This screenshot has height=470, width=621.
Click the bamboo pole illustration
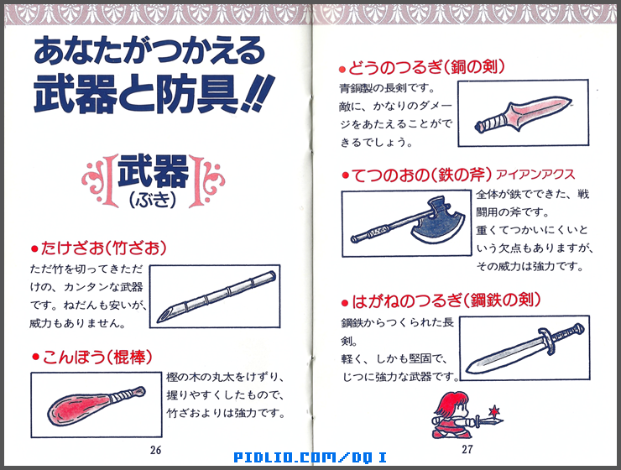tap(217, 296)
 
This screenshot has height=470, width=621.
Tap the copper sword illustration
tap(522, 115)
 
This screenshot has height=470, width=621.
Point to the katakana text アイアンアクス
tap(535, 175)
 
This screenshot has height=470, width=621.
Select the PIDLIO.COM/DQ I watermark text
tap(310, 457)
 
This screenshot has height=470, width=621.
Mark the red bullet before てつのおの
tap(344, 175)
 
